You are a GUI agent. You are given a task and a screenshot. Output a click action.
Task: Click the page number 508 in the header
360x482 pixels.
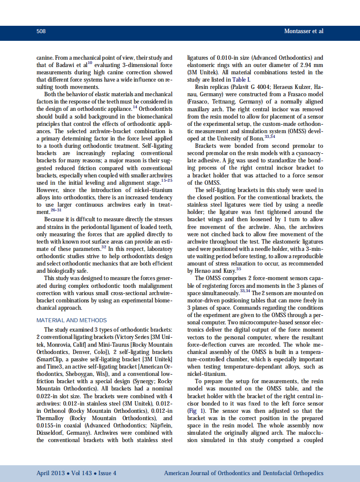tap(41, 31)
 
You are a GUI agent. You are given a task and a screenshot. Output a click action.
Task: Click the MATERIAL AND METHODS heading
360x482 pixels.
tap(72, 320)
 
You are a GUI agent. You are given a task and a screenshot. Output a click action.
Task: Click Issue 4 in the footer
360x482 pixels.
tap(107, 473)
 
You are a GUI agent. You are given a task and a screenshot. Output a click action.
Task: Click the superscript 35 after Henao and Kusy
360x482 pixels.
tap(238, 269)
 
